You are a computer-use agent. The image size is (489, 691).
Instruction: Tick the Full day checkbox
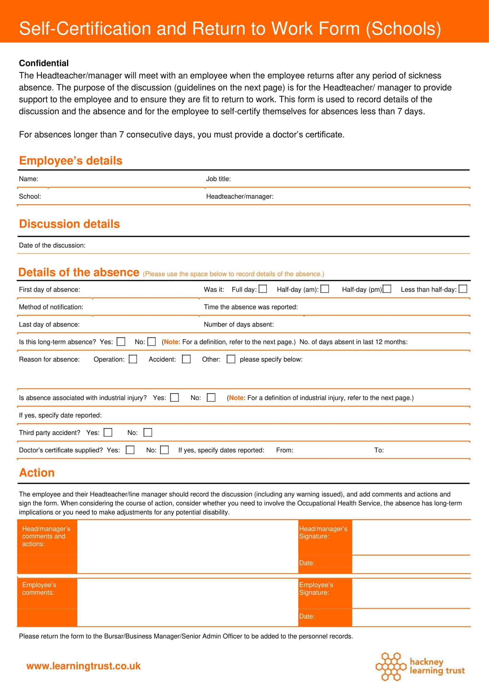263,289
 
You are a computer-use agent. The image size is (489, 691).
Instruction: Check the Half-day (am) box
325,289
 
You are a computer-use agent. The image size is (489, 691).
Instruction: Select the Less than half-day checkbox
463,289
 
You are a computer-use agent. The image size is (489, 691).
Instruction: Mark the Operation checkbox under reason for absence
133,359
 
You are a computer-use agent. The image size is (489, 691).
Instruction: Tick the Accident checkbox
186,359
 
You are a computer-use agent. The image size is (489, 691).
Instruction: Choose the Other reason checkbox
231,359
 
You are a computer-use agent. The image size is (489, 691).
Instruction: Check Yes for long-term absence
121,342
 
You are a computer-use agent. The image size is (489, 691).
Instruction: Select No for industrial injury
211,398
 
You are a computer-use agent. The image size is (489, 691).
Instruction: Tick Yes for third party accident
108,433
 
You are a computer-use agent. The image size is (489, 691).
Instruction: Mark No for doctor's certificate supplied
164,450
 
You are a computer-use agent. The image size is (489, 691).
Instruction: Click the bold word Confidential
44,63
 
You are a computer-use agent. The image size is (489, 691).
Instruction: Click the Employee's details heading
71,161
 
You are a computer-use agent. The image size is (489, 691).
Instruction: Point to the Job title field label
218,179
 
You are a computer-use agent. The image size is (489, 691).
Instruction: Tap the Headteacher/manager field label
240,197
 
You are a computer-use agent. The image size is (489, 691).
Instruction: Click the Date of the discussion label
52,246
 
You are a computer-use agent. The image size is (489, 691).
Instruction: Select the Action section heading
37,473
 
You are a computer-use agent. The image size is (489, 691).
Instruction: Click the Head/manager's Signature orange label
323,533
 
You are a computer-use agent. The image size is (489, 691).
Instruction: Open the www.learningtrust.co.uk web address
83,666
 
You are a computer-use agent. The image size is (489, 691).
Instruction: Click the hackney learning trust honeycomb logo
390,667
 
